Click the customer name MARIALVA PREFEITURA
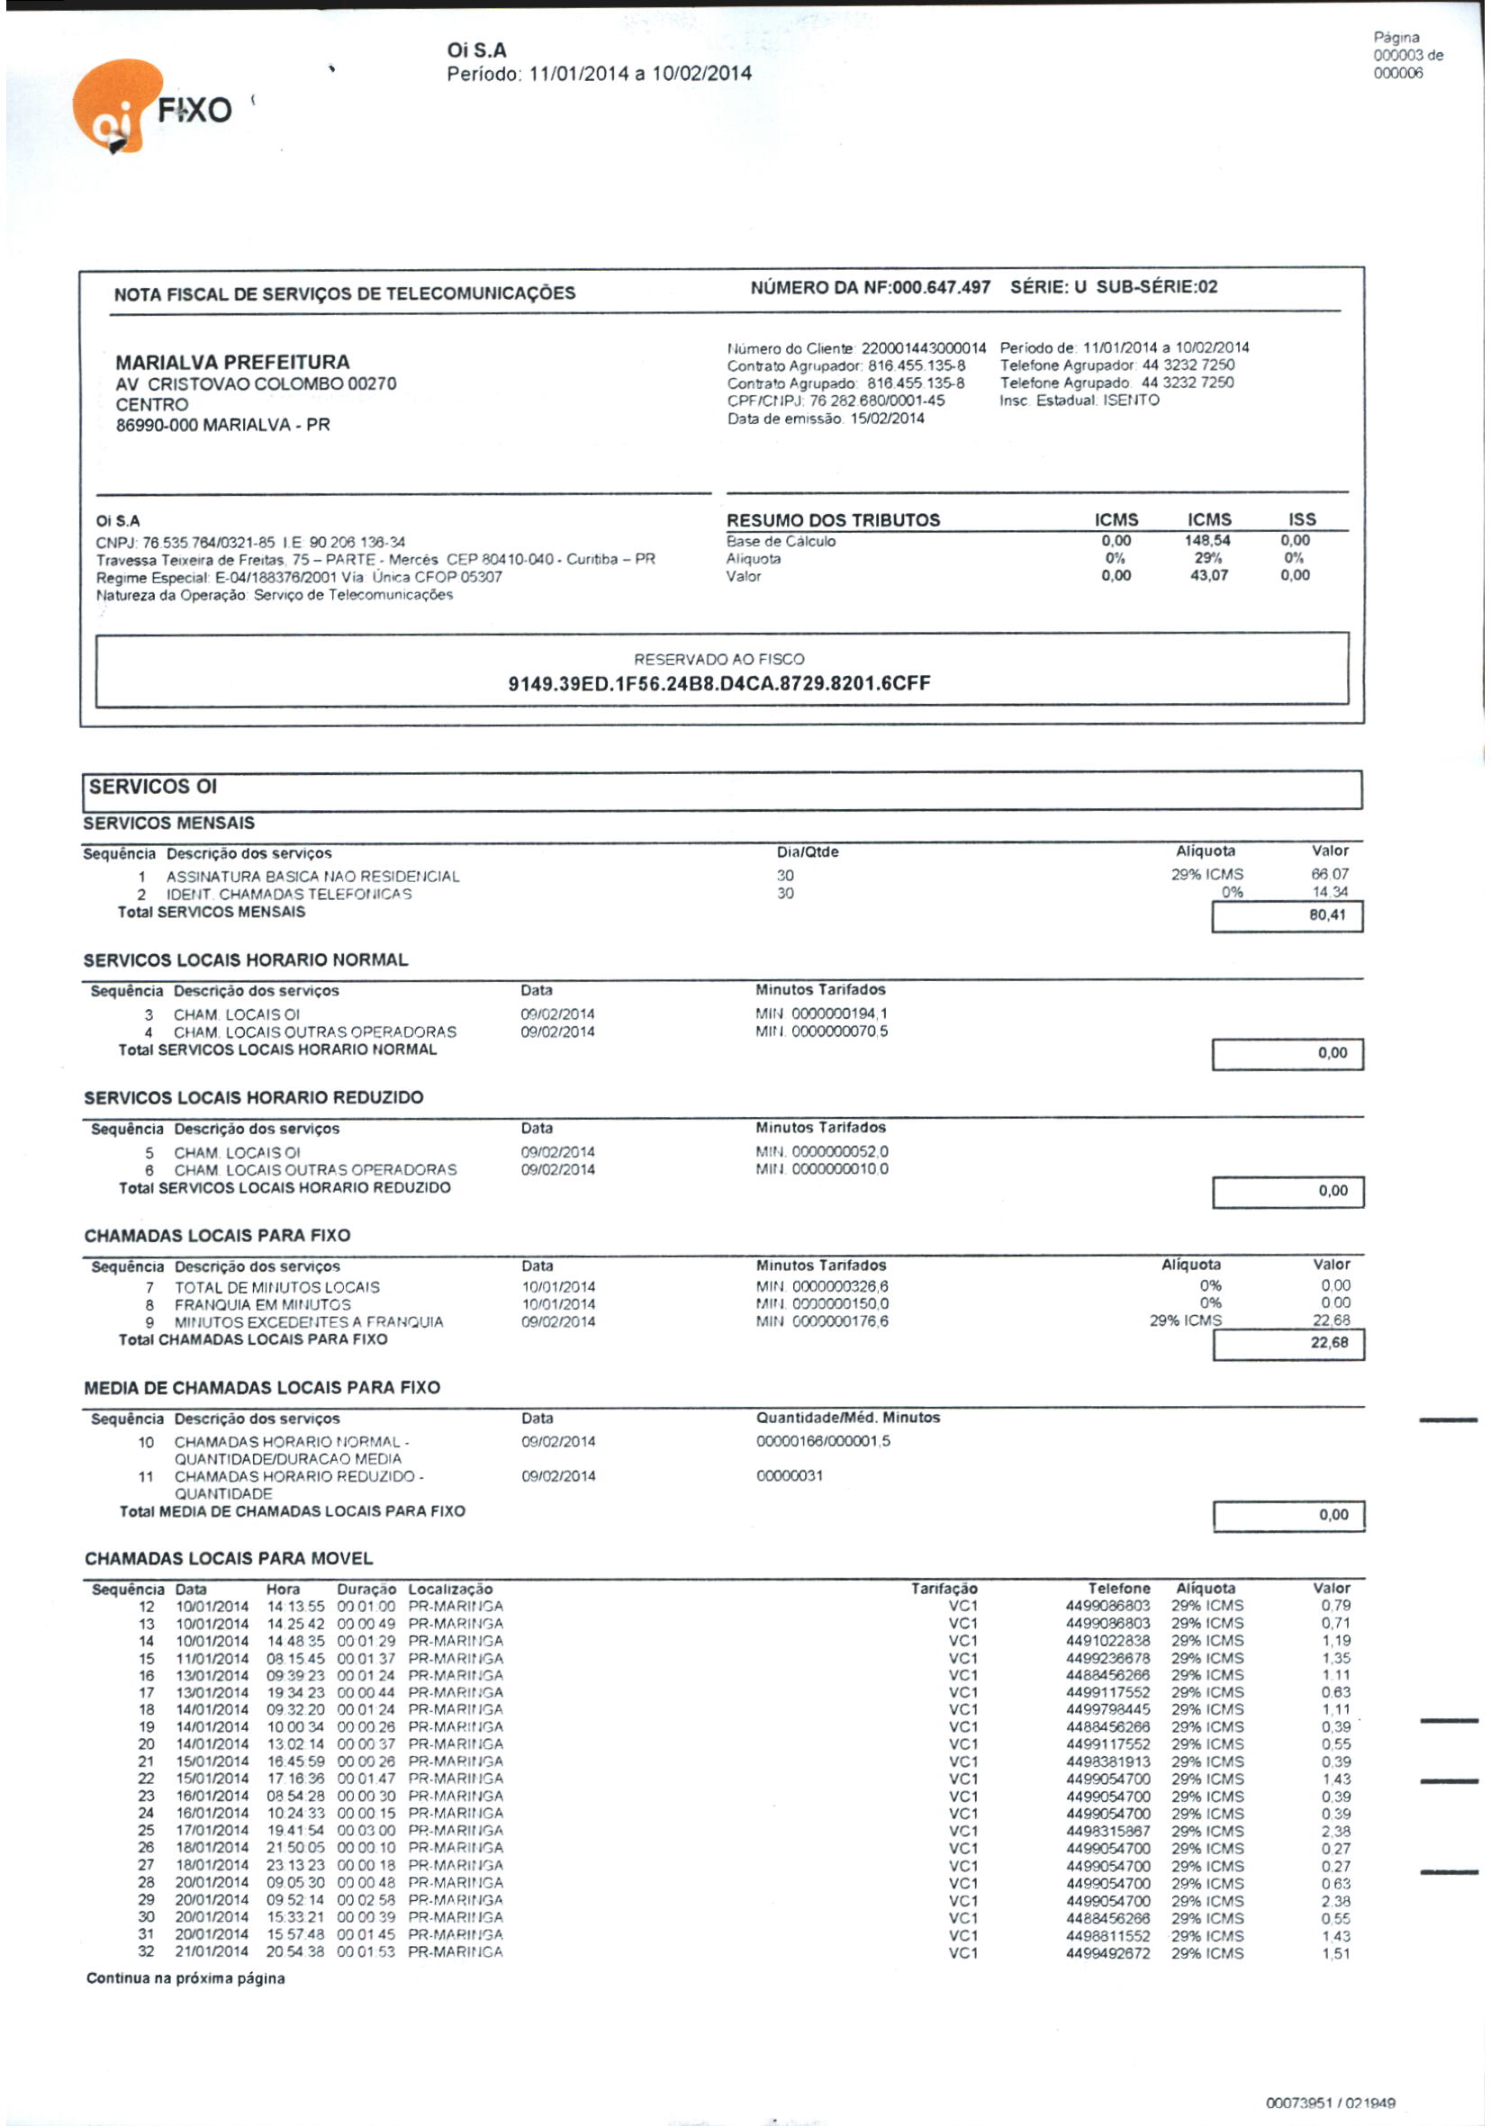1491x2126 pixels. click(232, 362)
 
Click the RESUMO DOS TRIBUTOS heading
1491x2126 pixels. click(833, 519)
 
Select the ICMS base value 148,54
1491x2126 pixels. click(1208, 540)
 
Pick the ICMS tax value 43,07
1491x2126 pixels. click(1208, 575)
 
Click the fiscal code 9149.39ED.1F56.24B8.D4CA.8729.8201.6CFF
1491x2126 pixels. click(719, 683)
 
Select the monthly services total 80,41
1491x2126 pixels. click(1326, 914)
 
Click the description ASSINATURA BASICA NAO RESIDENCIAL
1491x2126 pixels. click(313, 876)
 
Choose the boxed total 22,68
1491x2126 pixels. click(1329, 1342)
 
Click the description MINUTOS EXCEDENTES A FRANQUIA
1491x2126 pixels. click(309, 1321)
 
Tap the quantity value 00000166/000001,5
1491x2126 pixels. click(823, 1441)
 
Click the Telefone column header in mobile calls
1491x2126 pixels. click(1119, 1588)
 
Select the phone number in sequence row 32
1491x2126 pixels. click(1107, 1953)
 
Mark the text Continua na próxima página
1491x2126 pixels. click(185, 1977)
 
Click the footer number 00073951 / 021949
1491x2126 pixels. click(1330, 2103)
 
